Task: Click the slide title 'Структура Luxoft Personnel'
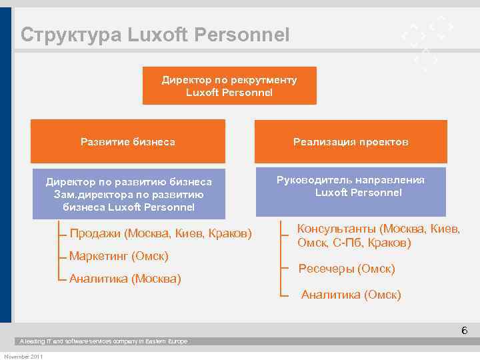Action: (x=155, y=35)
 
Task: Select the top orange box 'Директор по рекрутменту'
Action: (x=229, y=86)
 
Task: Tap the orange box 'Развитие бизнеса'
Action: (x=128, y=141)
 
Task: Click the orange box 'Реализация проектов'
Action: (x=351, y=141)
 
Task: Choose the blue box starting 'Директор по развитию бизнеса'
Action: (x=128, y=194)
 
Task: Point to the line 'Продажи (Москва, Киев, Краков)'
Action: (x=161, y=234)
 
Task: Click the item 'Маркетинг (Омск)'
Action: (x=119, y=256)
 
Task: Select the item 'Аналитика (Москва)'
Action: (x=125, y=278)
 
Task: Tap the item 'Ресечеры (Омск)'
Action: (x=347, y=269)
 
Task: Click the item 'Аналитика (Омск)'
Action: (x=351, y=294)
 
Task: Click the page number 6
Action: (x=464, y=331)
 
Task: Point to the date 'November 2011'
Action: (x=23, y=356)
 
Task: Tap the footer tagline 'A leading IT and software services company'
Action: (x=103, y=341)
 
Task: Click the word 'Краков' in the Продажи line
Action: (x=230, y=234)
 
